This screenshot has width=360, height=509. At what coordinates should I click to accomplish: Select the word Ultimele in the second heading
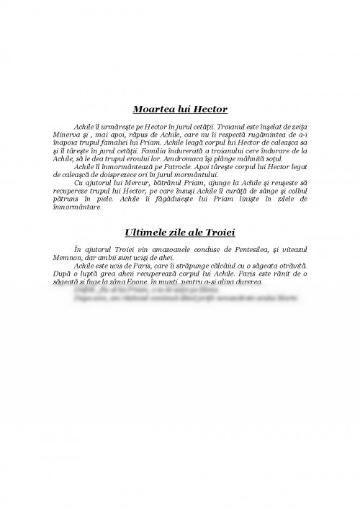(150, 234)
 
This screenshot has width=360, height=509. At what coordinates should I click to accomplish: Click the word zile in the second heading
(186, 234)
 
